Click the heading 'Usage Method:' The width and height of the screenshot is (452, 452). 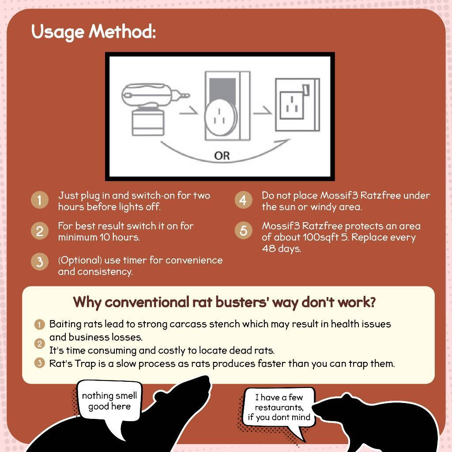pyautogui.click(x=94, y=32)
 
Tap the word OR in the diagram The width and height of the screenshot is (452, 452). pyautogui.click(x=222, y=156)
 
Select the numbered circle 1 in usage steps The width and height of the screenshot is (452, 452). pyautogui.click(x=40, y=200)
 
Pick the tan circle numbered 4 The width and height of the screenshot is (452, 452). pyautogui.click(x=243, y=200)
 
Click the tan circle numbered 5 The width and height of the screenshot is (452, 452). pyautogui.click(x=243, y=230)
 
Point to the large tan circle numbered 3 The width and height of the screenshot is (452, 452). pyautogui.click(x=40, y=261)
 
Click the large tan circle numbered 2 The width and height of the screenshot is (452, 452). pyautogui.click(x=40, y=230)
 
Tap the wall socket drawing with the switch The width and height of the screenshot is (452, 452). pyautogui.click(x=297, y=105)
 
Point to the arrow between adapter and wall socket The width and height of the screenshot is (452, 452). pyautogui.click(x=262, y=111)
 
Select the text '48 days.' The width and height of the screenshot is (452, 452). pyautogui.click(x=281, y=249)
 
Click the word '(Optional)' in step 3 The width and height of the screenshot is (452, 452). pyautogui.click(x=80, y=260)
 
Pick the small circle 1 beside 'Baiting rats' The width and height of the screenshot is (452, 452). pyautogui.click(x=39, y=324)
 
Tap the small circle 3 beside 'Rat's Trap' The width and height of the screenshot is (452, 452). pyautogui.click(x=39, y=363)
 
